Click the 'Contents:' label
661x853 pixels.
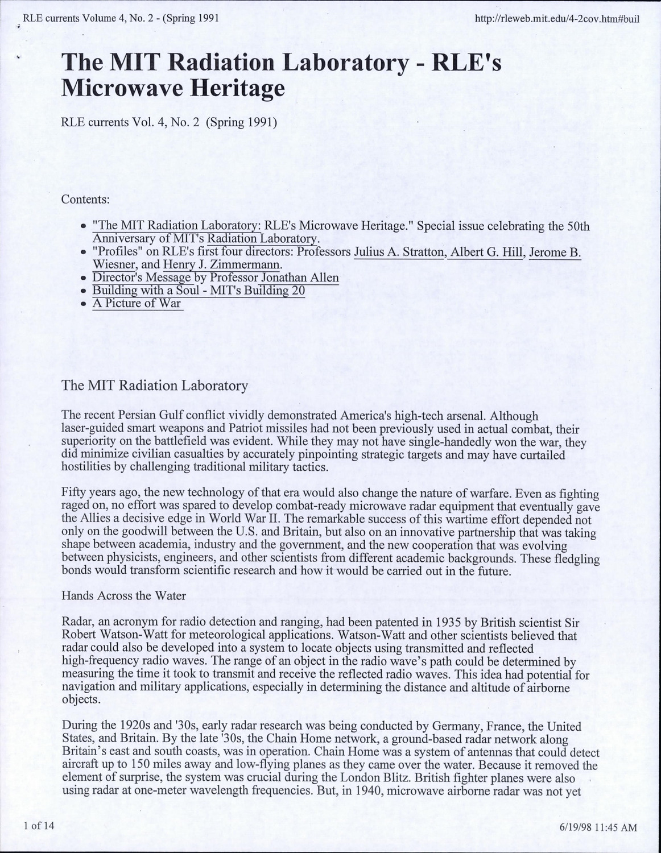click(85, 200)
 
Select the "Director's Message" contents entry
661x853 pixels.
click(142, 278)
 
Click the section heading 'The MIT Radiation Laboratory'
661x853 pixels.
click(155, 386)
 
